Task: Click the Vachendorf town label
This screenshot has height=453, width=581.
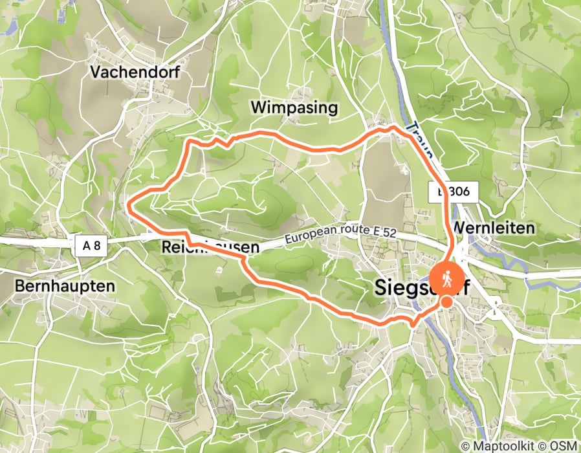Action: click(x=135, y=72)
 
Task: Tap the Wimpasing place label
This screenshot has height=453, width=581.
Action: click(x=294, y=107)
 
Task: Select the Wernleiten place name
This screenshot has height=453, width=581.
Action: click(x=494, y=228)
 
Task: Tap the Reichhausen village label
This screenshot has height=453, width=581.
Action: click(x=210, y=247)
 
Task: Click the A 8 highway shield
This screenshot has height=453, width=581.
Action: click(x=91, y=245)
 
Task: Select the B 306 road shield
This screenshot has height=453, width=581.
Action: click(x=453, y=191)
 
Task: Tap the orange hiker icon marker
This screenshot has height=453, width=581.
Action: click(x=446, y=278)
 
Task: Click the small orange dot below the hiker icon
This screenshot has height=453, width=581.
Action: click(x=446, y=302)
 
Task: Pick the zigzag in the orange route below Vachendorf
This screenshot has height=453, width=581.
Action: click(x=220, y=141)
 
